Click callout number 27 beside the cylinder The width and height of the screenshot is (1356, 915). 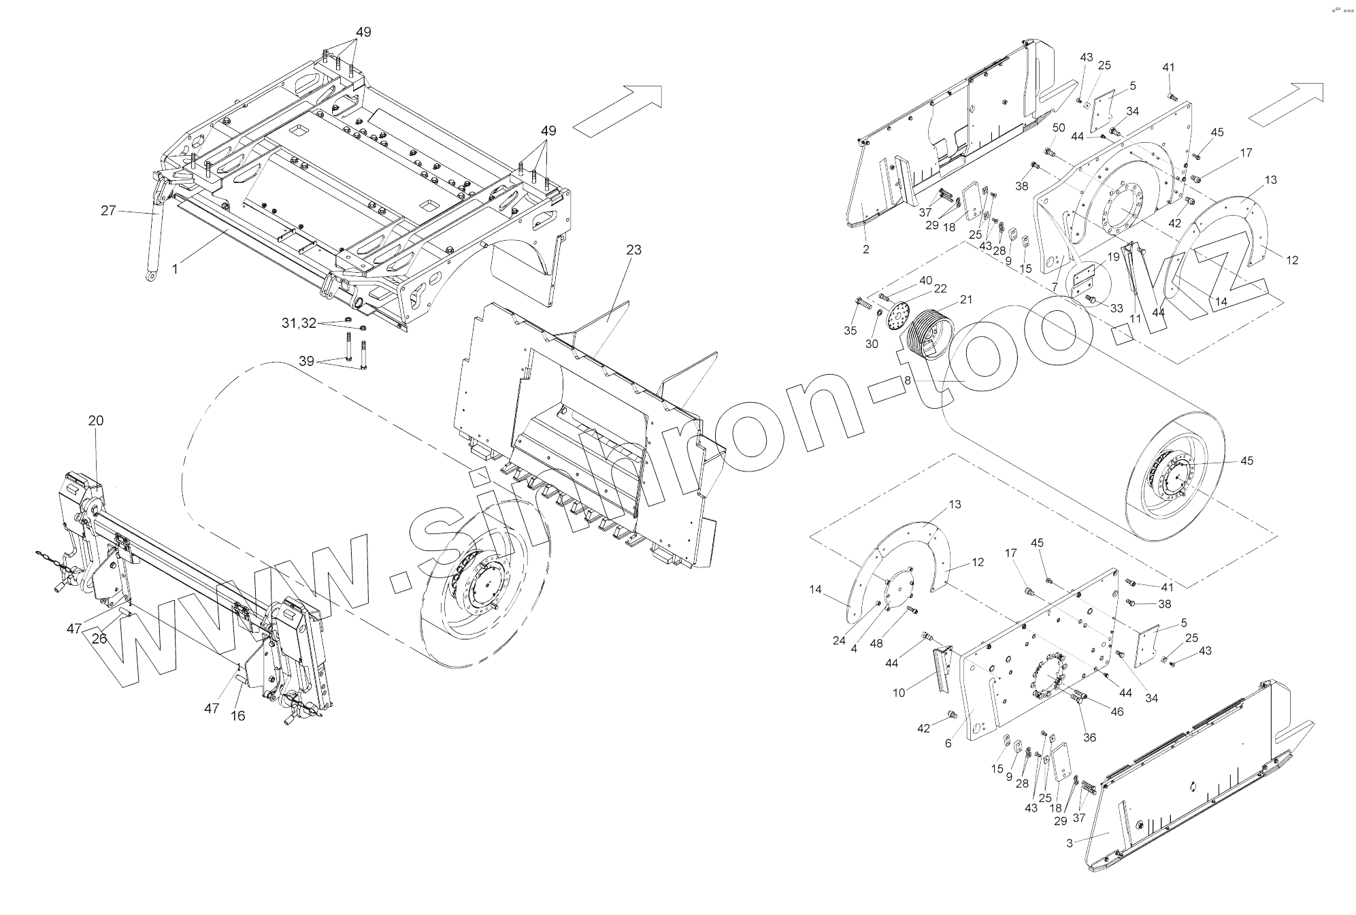(x=108, y=210)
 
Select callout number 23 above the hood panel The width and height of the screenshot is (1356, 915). (x=633, y=250)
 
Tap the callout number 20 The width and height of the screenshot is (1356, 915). (x=96, y=421)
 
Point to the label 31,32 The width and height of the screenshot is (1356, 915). (x=299, y=324)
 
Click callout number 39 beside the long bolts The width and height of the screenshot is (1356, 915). (x=307, y=361)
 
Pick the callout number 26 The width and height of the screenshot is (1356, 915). (x=99, y=638)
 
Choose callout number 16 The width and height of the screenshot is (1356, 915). (x=238, y=716)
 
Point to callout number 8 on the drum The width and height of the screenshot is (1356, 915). (x=907, y=382)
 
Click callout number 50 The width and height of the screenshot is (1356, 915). (x=1059, y=128)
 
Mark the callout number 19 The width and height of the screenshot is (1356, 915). (x=1113, y=257)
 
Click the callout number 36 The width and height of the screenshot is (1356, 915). (x=1089, y=737)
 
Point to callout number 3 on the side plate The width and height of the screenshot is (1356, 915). (x=1070, y=844)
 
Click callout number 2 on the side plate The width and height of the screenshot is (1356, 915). (x=865, y=250)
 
